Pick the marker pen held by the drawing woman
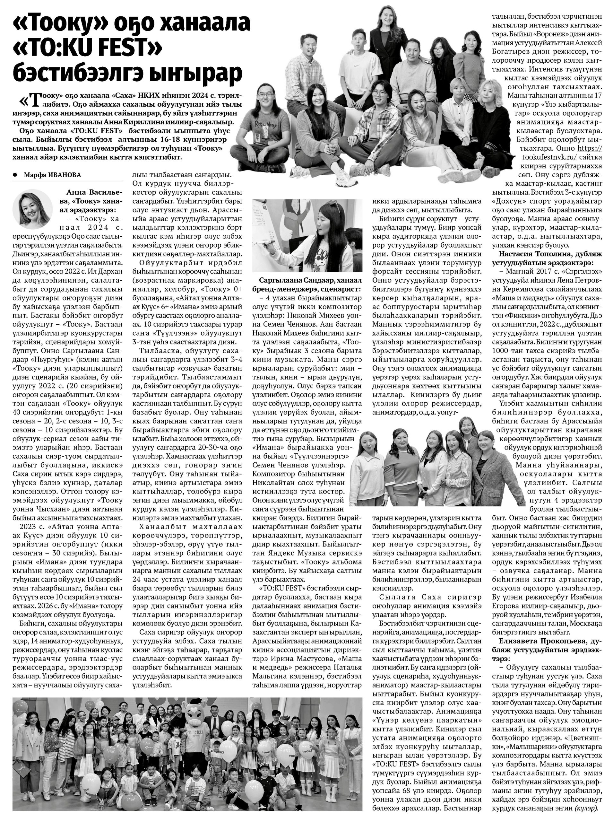coord(266,244)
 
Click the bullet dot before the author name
coord(15,175)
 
